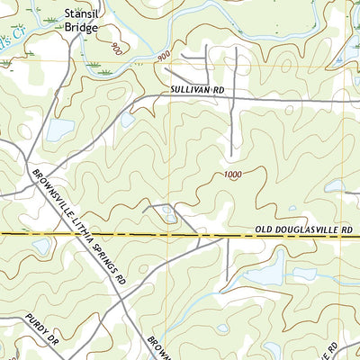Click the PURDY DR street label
pos(41,330)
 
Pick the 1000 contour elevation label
pos(234,175)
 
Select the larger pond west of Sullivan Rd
pos(59,130)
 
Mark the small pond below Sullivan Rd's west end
pos(127,119)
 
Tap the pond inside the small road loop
pos(167,213)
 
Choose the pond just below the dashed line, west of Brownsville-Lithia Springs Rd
pos(41,246)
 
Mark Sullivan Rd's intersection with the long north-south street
pos(235,100)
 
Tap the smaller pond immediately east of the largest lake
pos(305,273)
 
